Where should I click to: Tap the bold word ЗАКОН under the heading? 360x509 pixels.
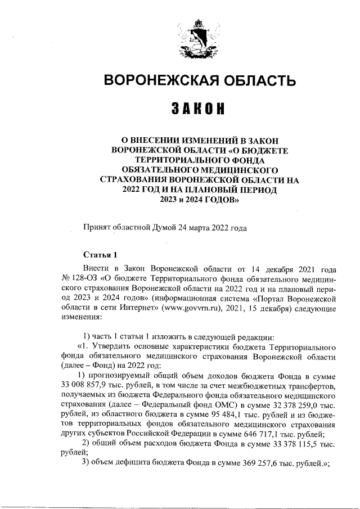click(198, 109)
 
